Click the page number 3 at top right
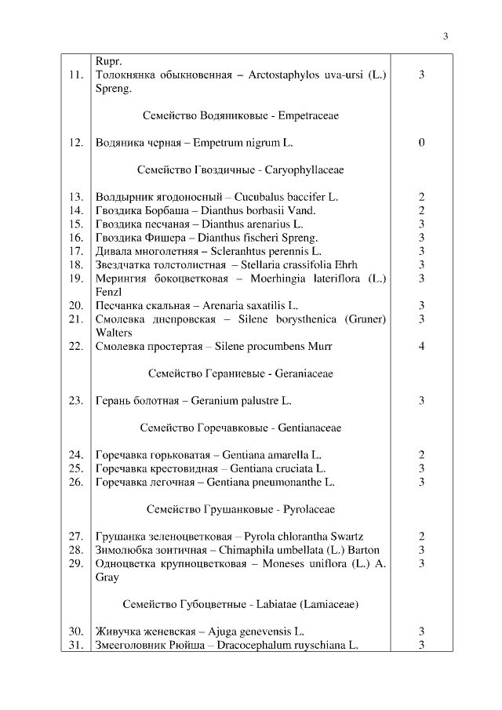445,36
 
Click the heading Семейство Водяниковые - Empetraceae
241,115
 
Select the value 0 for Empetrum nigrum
422,143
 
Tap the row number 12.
76,143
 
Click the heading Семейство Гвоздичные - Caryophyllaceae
240,169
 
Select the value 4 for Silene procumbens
422,346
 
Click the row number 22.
76,346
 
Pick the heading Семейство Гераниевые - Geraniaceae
240,373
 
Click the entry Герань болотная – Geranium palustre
193,401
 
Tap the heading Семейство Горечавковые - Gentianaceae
240,428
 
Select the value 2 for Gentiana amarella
422,455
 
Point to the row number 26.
76,482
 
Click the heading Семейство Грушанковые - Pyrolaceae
240,509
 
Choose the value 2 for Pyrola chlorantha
422,537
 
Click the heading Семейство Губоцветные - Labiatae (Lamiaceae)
240,604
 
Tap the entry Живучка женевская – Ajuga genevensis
200,631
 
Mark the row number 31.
76,645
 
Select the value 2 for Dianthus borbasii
422,210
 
